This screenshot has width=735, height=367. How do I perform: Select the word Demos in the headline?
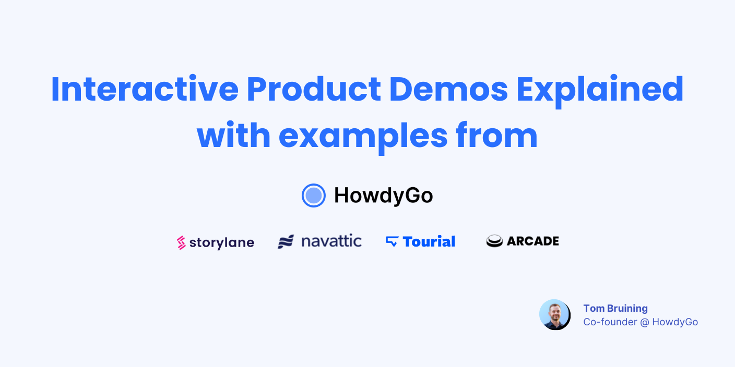(448, 89)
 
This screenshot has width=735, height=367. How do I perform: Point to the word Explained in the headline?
(600, 90)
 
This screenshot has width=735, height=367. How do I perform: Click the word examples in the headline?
(363, 136)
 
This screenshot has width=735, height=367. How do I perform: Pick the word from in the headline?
(496, 135)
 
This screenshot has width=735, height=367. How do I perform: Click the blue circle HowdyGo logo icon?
(314, 195)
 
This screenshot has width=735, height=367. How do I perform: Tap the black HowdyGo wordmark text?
(383, 195)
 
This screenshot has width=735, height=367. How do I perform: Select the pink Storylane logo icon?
(181, 242)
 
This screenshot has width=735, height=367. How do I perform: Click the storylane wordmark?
(222, 242)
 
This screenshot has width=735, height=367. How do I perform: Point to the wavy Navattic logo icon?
(286, 242)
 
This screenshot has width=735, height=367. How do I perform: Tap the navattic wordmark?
(331, 241)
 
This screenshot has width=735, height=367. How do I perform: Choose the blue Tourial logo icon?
(392, 241)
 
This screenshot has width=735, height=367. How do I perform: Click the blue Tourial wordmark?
(429, 241)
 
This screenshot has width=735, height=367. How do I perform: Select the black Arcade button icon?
(494, 241)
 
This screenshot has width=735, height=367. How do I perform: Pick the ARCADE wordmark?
(532, 241)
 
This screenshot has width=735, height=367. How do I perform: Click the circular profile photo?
(554, 314)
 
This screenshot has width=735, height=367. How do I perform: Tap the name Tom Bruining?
(615, 308)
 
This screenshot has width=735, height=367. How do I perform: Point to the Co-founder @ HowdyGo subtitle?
(641, 322)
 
